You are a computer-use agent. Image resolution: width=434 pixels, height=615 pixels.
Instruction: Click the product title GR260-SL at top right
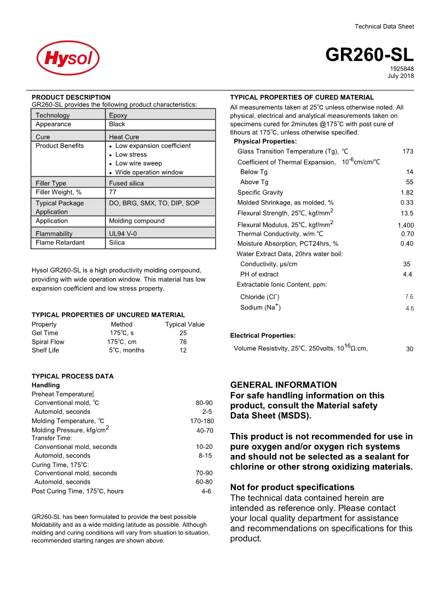(x=369, y=55)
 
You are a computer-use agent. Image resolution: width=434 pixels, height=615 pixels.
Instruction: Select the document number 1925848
(x=402, y=69)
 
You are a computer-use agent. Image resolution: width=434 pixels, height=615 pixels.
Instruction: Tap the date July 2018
(x=401, y=76)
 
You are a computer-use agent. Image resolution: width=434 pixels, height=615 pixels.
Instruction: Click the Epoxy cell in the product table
(x=118, y=116)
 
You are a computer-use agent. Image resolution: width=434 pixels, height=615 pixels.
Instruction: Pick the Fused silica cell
(x=126, y=184)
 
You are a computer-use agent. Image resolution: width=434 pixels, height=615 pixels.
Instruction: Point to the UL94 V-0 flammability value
(x=123, y=234)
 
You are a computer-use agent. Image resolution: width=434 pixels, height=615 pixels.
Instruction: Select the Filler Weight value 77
(x=113, y=192)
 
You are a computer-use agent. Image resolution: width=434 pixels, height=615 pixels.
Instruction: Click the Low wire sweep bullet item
(x=138, y=163)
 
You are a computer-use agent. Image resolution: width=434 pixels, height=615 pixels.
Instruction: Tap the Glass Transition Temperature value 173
(x=407, y=151)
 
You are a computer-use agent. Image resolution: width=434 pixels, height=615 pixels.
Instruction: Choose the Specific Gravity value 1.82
(x=407, y=192)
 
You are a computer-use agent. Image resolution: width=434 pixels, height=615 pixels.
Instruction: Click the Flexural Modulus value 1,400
(x=406, y=225)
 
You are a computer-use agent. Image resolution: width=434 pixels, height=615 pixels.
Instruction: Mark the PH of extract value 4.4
(x=407, y=274)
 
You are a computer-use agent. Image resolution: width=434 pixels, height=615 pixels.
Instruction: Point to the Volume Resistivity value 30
(x=409, y=349)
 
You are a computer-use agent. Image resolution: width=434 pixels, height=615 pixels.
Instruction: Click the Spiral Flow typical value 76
(x=183, y=342)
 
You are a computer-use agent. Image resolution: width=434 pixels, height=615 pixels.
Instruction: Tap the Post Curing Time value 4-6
(x=206, y=492)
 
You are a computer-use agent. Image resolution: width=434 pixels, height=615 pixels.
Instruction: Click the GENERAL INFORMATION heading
(x=283, y=385)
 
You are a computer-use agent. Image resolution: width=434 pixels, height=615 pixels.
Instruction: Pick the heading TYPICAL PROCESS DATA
(x=72, y=377)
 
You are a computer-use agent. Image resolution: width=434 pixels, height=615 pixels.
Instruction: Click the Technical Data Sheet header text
(x=384, y=26)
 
